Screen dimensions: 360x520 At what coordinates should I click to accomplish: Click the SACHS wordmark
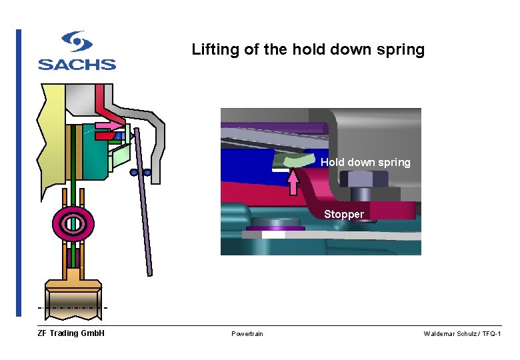pos(77,64)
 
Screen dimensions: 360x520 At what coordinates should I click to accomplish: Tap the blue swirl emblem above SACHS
pos(77,41)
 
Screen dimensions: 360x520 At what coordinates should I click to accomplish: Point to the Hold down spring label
pos(365,162)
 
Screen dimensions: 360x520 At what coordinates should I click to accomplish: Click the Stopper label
pos(344,214)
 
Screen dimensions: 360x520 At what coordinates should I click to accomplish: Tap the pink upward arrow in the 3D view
pos(293,181)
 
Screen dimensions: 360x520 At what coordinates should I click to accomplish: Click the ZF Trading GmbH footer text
pos(71,333)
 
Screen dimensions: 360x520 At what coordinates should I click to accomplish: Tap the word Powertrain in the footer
pos(247,333)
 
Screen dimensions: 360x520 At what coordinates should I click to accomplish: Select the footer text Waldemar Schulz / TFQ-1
pos(461,333)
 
